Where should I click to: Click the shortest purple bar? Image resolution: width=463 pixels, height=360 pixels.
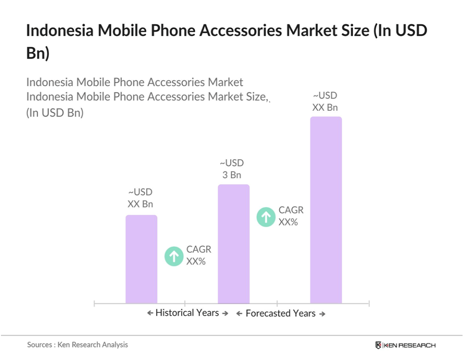point(141,259)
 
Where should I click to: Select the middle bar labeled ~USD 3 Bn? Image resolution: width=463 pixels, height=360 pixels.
point(233,244)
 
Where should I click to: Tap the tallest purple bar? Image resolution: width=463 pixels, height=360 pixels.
point(326,210)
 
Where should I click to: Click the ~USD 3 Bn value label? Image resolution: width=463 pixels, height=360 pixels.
point(231,169)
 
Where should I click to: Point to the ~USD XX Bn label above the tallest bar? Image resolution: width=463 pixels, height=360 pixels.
point(325,101)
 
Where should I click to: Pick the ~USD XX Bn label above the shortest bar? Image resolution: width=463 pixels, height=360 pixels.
point(140,198)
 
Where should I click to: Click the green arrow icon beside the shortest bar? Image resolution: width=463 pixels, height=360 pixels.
point(174,256)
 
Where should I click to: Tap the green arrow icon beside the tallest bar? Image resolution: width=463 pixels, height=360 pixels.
point(266,217)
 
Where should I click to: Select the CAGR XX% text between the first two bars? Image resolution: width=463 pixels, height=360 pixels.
point(196,256)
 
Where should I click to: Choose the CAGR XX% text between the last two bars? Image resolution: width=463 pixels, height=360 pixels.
point(291,216)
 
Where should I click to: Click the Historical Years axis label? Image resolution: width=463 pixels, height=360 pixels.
point(187,313)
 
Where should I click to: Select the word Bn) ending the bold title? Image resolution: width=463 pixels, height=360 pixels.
point(38,53)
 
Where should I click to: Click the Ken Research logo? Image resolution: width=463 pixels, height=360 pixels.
point(405,345)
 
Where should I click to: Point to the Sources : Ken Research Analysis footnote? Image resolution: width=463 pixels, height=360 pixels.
point(77,345)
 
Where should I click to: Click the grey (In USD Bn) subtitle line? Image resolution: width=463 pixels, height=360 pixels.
point(55,112)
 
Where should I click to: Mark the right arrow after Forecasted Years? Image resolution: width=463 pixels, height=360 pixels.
point(322,314)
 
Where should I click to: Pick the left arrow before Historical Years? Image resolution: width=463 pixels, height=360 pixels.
point(150,313)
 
